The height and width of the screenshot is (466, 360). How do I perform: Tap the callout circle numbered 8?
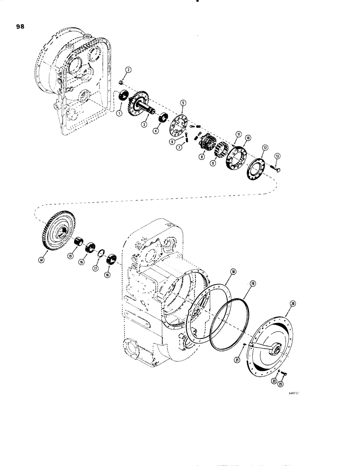(x=201, y=158)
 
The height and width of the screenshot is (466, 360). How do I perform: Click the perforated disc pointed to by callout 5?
(x=178, y=123)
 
